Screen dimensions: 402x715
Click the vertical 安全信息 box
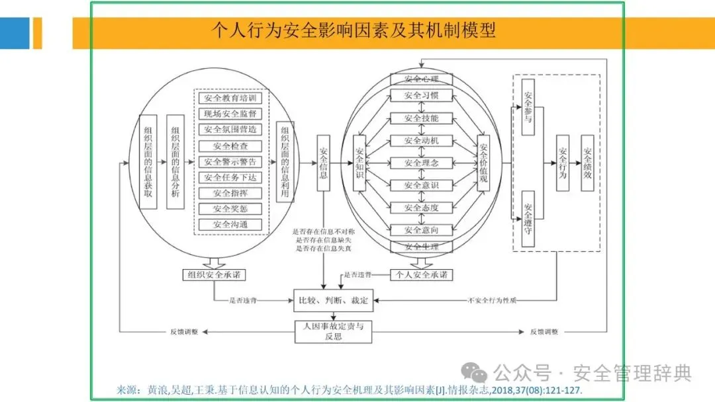(323, 163)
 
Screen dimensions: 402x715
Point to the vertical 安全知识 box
(359, 163)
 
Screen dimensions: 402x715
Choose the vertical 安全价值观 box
(483, 163)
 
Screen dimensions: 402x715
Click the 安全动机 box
(421, 141)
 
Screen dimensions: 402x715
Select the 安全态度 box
(421, 208)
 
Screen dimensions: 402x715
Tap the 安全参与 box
(528, 108)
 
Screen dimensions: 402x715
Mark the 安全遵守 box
(528, 219)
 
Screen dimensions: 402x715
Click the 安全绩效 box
(587, 163)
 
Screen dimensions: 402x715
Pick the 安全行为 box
(563, 163)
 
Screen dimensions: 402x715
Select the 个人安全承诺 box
(421, 274)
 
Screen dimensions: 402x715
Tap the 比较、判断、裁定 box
(332, 301)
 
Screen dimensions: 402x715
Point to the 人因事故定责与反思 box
(332, 331)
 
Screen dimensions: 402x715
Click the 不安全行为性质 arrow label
(492, 301)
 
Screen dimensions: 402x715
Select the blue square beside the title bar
(15, 33)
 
